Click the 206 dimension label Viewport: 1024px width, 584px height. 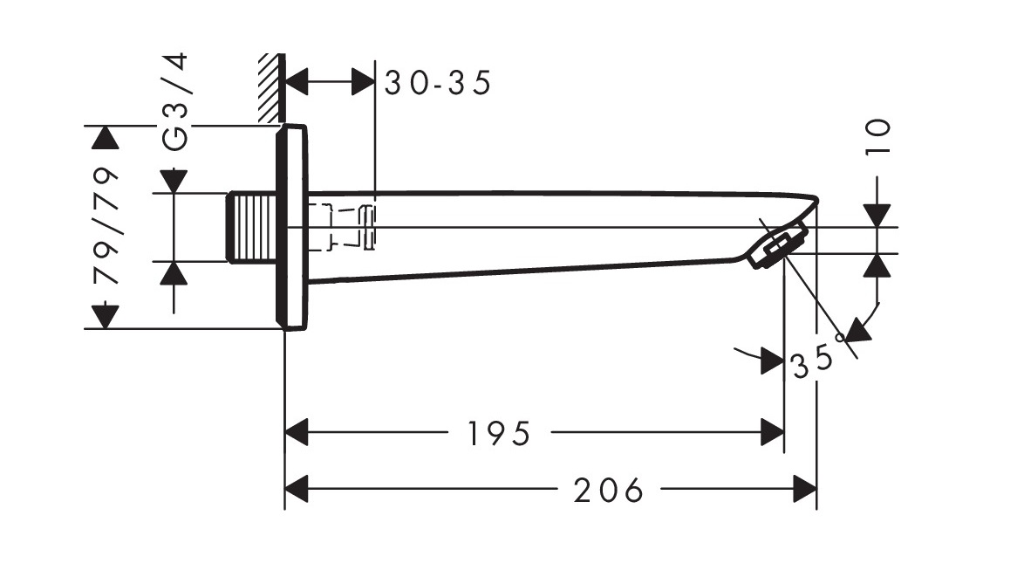[x=609, y=490]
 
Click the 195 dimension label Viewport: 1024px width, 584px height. [x=500, y=434]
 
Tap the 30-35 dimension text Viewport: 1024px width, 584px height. [x=438, y=83]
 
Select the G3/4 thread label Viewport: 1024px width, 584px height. [x=175, y=102]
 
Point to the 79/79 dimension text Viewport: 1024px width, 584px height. [x=106, y=226]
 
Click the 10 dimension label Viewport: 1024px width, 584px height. [x=877, y=136]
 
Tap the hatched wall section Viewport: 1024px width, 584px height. [x=270, y=88]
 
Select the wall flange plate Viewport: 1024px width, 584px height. [x=291, y=227]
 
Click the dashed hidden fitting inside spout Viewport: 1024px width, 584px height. [x=342, y=227]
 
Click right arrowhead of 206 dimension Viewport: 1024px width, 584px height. [x=804, y=489]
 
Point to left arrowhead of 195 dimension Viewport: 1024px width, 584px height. [x=297, y=432]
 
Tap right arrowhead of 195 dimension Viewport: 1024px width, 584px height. [x=773, y=432]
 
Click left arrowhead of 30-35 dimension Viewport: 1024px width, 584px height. [x=297, y=82]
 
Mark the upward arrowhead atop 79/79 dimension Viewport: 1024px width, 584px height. [x=106, y=138]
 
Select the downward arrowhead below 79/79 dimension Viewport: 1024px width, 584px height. [x=106, y=317]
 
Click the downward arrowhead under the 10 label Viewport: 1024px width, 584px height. [x=877, y=216]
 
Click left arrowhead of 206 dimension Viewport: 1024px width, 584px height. [x=297, y=489]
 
